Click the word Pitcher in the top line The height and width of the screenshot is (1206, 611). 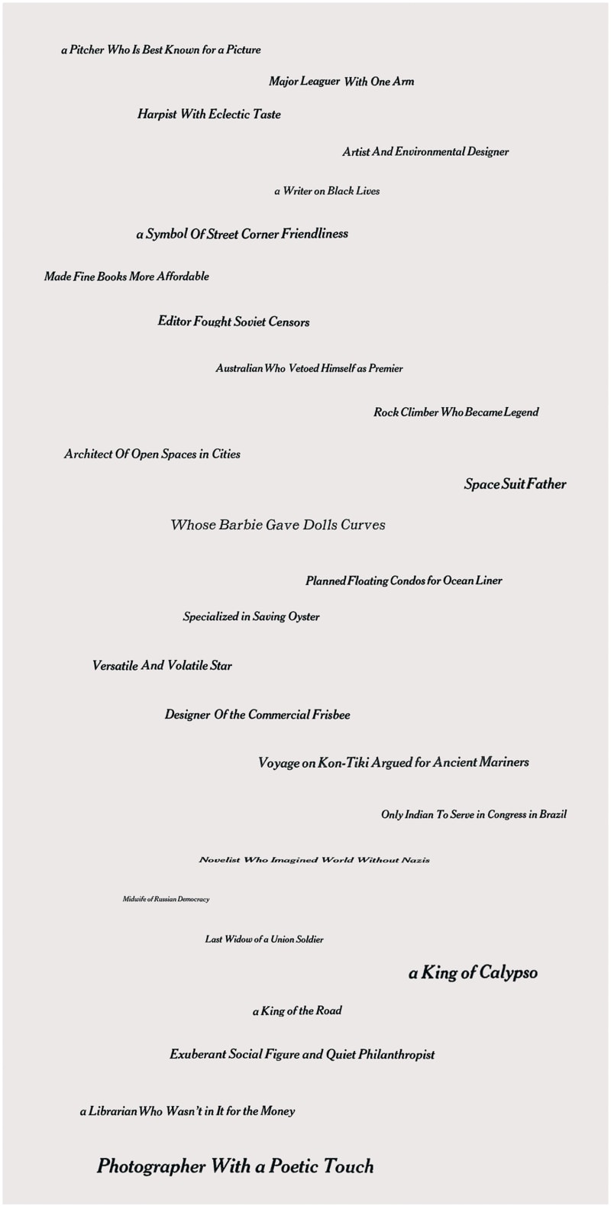[87, 50]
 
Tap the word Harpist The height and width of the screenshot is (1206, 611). [157, 115]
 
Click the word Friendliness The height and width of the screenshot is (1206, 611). [315, 234]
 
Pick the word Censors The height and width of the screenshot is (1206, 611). [289, 322]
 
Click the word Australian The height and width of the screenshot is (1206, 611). [239, 369]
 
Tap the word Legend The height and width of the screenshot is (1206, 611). [521, 412]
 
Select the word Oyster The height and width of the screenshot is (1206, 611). [304, 617]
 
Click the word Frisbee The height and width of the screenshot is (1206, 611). [331, 716]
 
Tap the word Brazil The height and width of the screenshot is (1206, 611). [553, 815]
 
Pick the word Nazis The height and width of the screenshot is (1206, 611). [415, 860]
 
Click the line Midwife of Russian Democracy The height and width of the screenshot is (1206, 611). [166, 900]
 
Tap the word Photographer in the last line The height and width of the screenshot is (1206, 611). [151, 1167]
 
